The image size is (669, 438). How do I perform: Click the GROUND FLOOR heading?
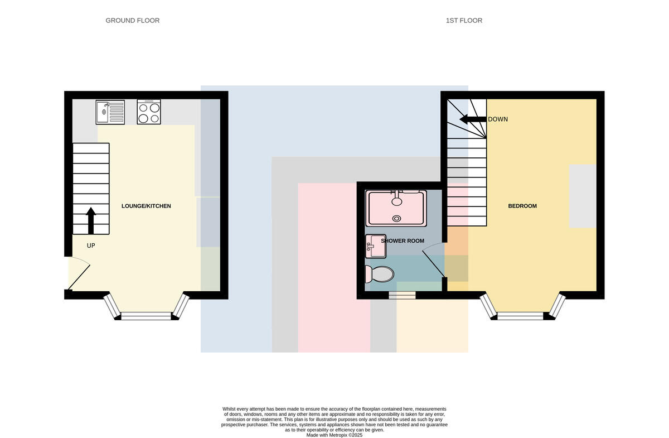point(132,21)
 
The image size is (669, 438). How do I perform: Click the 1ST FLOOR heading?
point(464,21)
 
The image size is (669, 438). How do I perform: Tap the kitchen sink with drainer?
point(110,112)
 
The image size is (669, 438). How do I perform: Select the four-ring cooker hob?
point(149,112)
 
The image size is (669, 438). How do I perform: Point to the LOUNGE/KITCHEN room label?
point(146,206)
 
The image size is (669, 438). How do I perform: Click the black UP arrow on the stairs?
point(91,220)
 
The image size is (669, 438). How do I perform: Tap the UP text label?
point(91,246)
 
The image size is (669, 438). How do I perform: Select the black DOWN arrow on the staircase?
point(473,119)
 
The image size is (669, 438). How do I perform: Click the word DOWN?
point(498,119)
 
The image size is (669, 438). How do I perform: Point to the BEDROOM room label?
point(522,206)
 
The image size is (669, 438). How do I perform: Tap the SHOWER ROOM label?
point(403,241)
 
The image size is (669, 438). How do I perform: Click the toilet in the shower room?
point(379,274)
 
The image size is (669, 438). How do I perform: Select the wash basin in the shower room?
point(376,246)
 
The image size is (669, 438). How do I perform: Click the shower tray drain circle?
point(396,219)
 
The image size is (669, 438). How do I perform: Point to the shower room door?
point(434,261)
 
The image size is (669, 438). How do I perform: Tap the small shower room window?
point(402,295)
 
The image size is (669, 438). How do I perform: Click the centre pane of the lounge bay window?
point(146,316)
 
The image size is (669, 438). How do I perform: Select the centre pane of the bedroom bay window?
point(520,316)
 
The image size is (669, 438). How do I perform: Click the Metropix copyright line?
point(334,435)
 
